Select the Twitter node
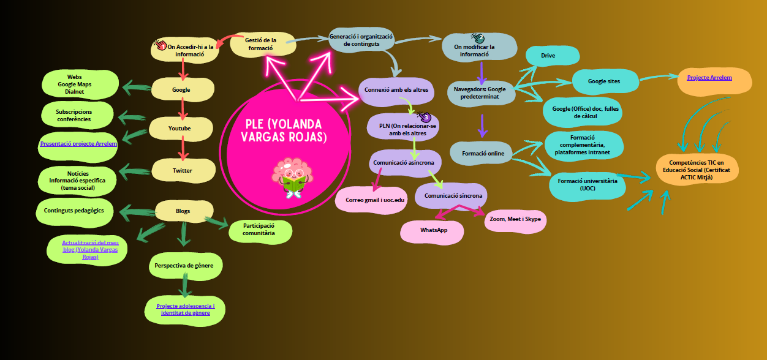pos(182,171)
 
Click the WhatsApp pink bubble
pos(433,230)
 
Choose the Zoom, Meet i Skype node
pos(515,219)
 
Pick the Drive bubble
pos(548,56)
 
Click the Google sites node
pos(603,81)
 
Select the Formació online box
pos(483,153)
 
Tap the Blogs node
pos(183,211)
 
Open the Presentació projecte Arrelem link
pos(78,144)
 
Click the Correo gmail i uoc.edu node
pos(371,200)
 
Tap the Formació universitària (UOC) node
pos(587,184)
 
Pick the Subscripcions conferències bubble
pos(78,115)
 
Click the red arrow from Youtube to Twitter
pos(181,149)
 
